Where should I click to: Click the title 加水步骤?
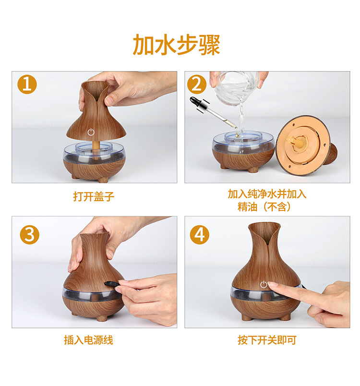[x=176, y=45]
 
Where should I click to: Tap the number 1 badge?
[x=27, y=84]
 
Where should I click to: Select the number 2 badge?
[x=197, y=84]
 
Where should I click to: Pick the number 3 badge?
[x=30, y=234]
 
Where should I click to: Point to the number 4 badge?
[x=199, y=234]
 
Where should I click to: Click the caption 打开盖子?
[x=94, y=196]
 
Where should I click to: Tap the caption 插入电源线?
[x=89, y=340]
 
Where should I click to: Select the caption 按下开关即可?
[x=267, y=340]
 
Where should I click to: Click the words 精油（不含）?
[x=264, y=207]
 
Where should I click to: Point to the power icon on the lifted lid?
[x=91, y=132]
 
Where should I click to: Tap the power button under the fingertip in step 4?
[x=264, y=285]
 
